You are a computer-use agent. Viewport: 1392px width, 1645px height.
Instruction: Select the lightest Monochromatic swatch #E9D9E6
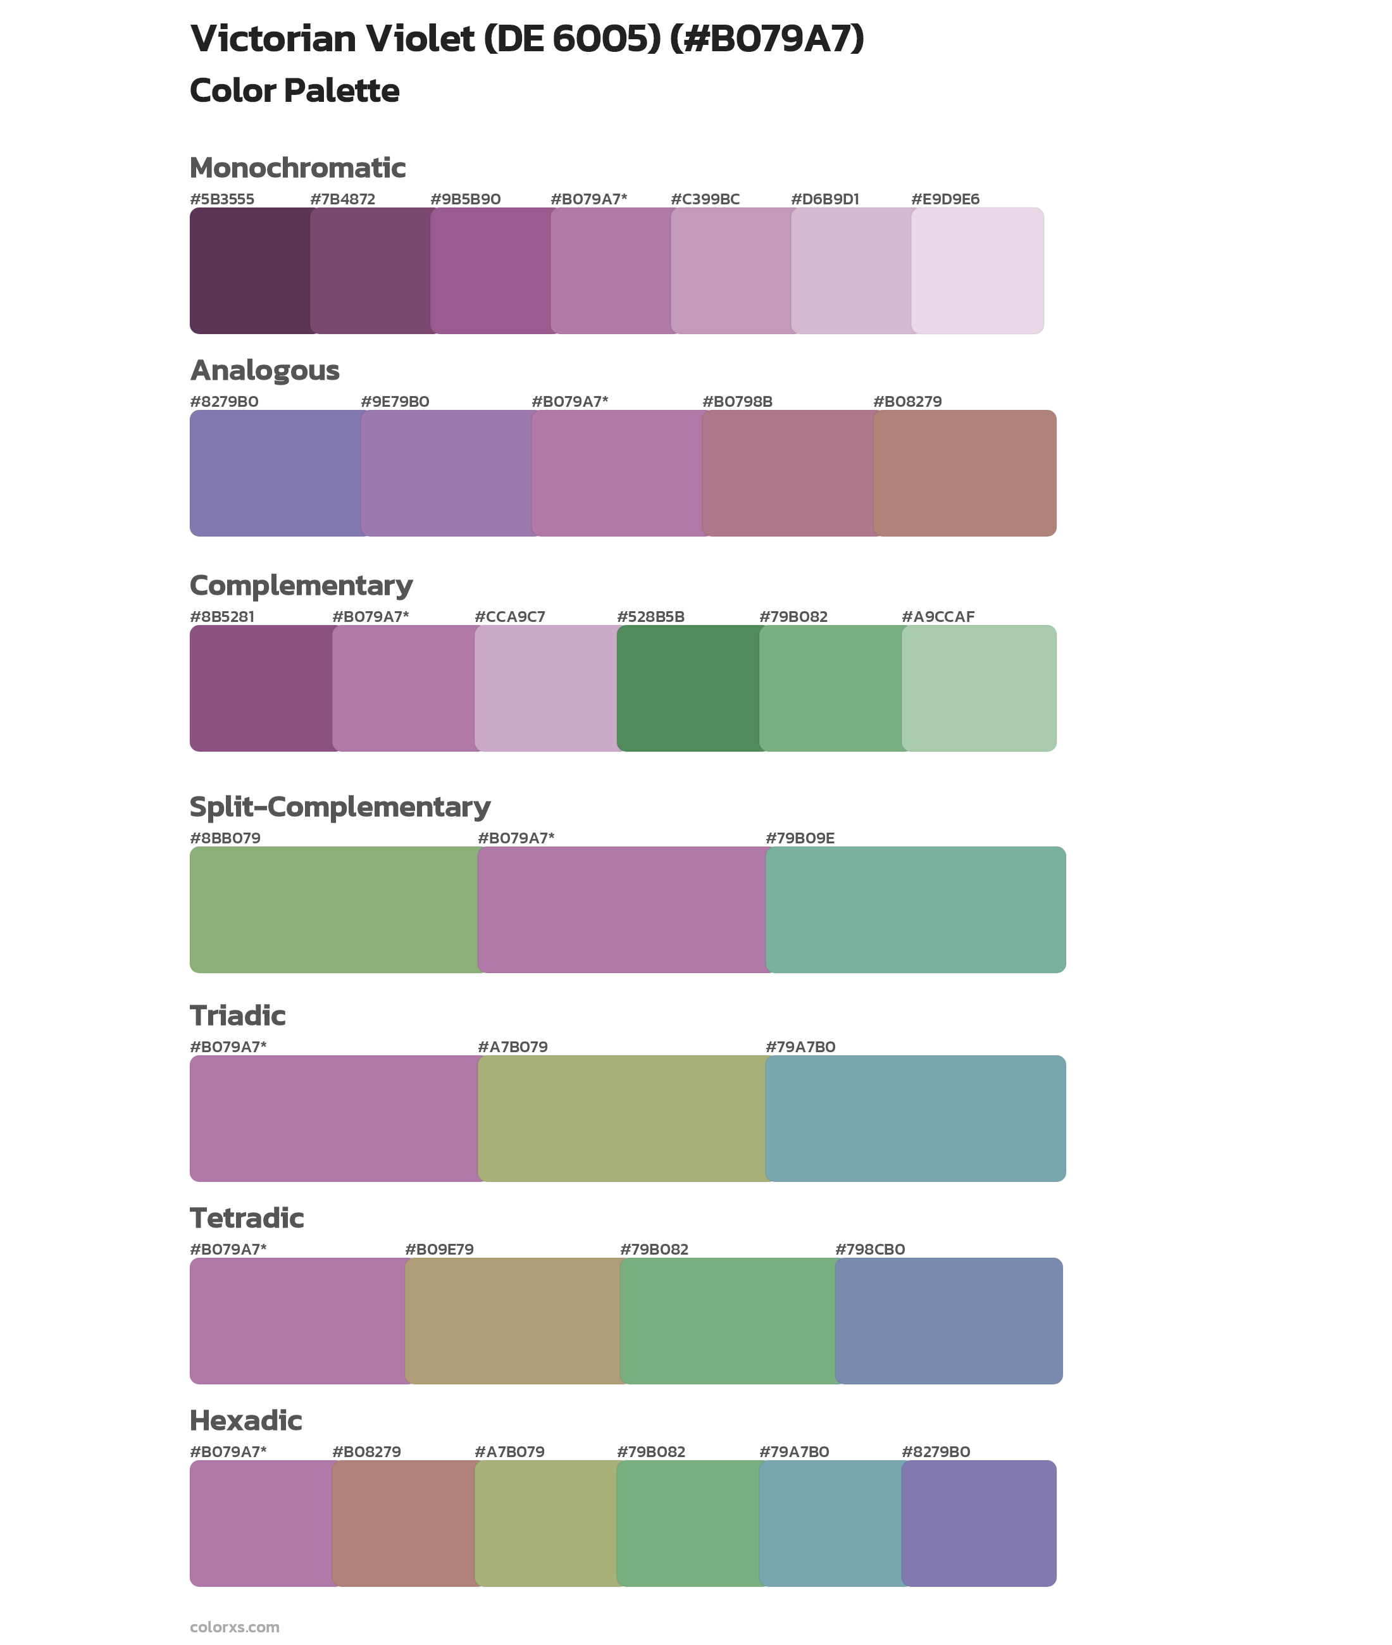coord(977,271)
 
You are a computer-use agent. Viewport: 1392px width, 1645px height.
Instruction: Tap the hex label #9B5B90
coord(465,199)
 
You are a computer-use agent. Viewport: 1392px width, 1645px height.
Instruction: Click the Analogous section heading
coord(264,370)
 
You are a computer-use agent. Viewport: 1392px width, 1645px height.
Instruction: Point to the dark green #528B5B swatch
coord(688,688)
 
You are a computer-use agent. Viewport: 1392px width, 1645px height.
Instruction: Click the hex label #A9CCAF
coord(938,616)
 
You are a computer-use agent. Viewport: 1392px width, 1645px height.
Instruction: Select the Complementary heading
coord(301,585)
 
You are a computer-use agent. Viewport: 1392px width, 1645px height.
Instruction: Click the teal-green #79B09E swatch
coord(916,909)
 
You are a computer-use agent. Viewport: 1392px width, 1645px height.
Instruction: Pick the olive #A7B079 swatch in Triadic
coord(622,1118)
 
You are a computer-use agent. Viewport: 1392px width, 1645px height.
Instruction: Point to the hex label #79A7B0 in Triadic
coord(800,1047)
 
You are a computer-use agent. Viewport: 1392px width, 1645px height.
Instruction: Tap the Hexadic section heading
coord(245,1420)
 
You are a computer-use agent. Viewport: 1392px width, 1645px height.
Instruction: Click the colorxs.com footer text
coord(234,1626)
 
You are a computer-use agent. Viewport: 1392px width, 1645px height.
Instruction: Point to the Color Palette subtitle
coord(294,90)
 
